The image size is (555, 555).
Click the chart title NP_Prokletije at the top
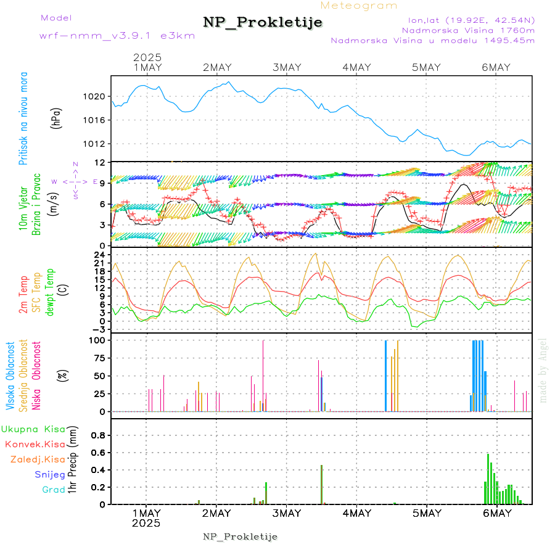click(x=263, y=22)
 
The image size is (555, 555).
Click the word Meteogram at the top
click(x=359, y=6)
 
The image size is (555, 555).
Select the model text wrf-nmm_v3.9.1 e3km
click(x=117, y=36)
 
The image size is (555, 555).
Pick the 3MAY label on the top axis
click(x=286, y=67)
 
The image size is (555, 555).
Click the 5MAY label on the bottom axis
click(x=427, y=513)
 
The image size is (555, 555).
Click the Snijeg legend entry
click(x=50, y=475)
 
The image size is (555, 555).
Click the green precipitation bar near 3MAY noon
click(x=322, y=485)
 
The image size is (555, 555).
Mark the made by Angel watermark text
click(x=543, y=370)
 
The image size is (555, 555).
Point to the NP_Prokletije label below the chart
click(x=240, y=536)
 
